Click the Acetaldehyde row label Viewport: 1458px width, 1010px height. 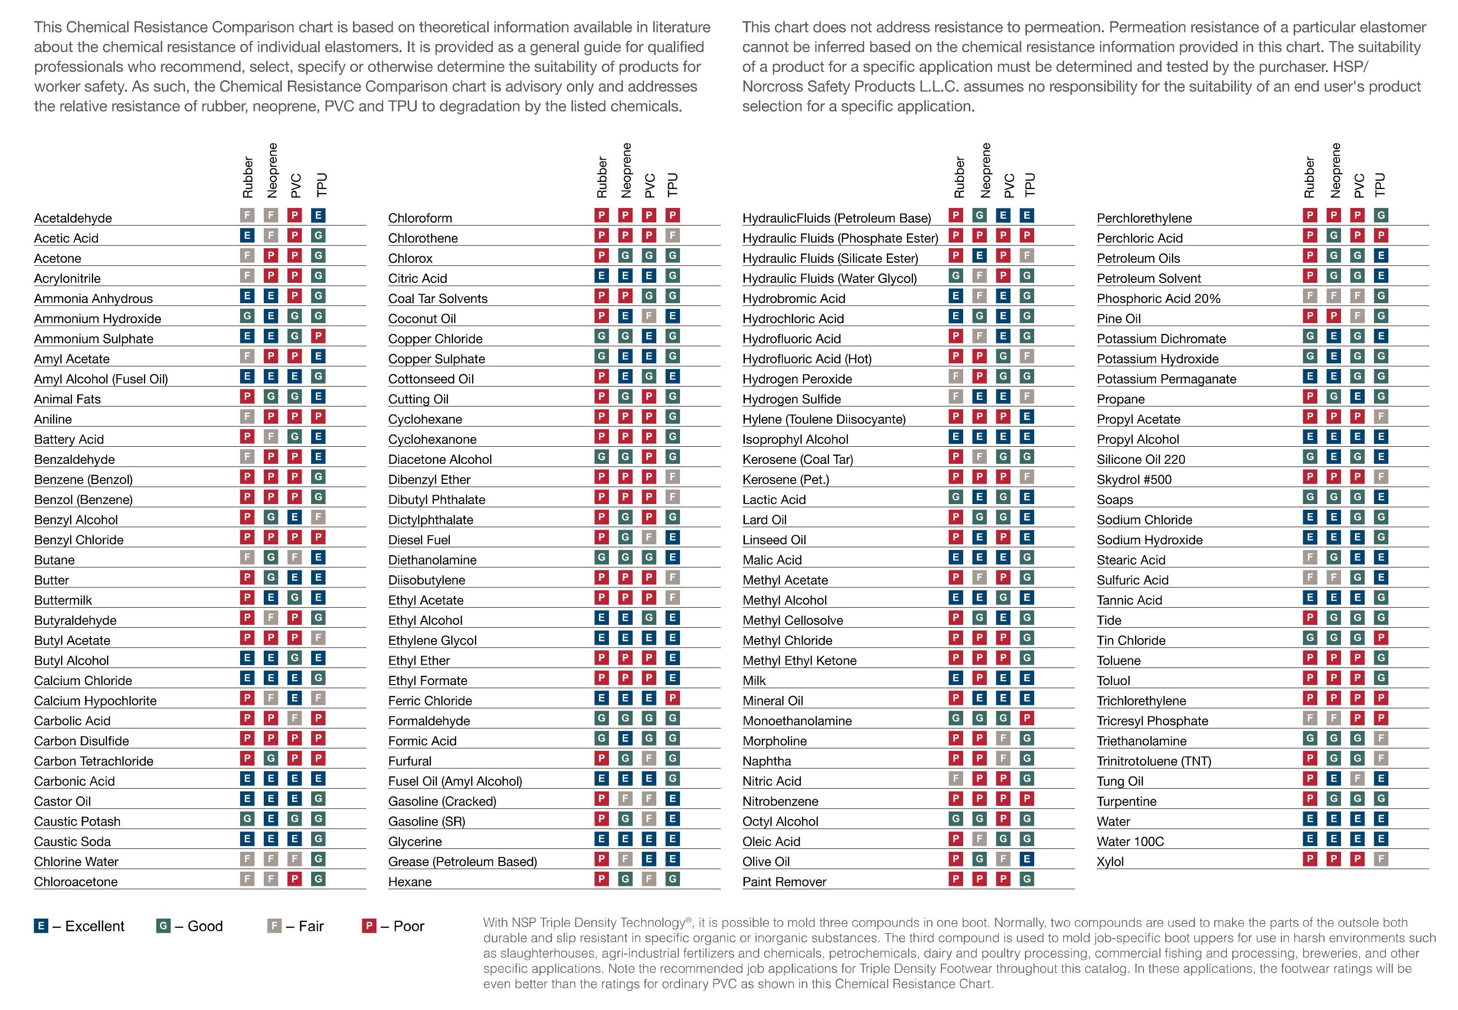pyautogui.click(x=73, y=218)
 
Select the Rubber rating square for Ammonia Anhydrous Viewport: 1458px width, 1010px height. pyautogui.click(x=247, y=296)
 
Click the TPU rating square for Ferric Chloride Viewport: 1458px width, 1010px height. pyautogui.click(x=673, y=698)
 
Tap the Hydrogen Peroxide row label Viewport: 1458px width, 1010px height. pyautogui.click(x=797, y=379)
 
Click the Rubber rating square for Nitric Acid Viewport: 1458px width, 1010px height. pyautogui.click(x=956, y=778)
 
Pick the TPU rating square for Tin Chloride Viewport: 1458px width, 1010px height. pyautogui.click(x=1381, y=637)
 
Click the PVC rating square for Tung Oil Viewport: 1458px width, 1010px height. pyautogui.click(x=1358, y=778)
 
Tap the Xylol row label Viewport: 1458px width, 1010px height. pyautogui.click(x=1110, y=862)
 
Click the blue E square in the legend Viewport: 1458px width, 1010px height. pyautogui.click(x=40, y=926)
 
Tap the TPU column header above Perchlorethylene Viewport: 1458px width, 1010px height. pyautogui.click(x=1380, y=184)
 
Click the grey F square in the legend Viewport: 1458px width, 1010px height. pyautogui.click(x=274, y=926)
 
